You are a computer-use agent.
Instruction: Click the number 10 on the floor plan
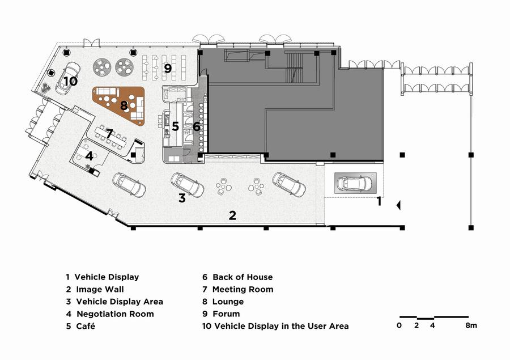(x=70, y=81)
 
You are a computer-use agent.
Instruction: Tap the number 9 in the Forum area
(x=168, y=69)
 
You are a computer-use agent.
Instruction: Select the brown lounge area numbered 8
(x=119, y=105)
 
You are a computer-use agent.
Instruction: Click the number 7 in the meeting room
(x=109, y=133)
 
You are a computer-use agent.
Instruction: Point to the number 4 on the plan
(x=89, y=156)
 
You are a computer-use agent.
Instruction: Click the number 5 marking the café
(x=176, y=126)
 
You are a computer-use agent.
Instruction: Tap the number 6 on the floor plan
(x=197, y=126)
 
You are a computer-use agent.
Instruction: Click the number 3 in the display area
(x=182, y=198)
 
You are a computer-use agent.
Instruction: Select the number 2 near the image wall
(x=232, y=215)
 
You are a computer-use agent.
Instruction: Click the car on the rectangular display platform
(x=355, y=183)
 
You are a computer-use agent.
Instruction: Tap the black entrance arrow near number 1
(x=398, y=205)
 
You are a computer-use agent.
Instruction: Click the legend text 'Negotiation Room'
(x=115, y=314)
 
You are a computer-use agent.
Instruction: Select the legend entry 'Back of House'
(x=243, y=277)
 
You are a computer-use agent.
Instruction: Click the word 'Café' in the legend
(x=86, y=326)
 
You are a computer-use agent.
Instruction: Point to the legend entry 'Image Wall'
(x=100, y=289)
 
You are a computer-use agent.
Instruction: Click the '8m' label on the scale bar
(x=471, y=325)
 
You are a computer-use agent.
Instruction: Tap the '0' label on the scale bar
(x=399, y=325)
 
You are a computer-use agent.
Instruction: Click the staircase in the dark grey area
(x=294, y=69)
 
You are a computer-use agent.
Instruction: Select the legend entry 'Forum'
(x=226, y=314)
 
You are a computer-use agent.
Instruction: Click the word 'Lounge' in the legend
(x=228, y=302)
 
